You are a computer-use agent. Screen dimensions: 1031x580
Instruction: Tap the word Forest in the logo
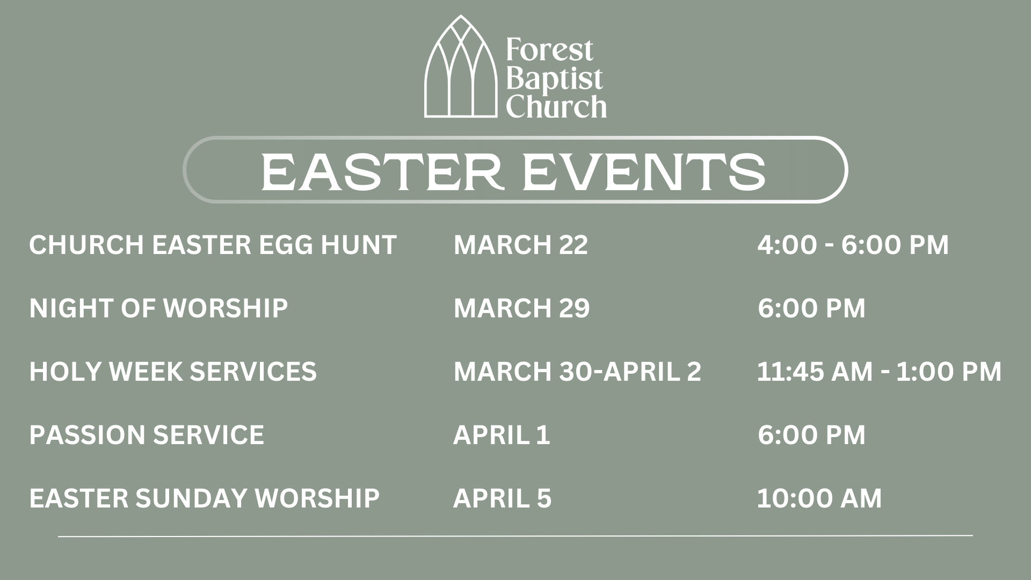tap(549, 50)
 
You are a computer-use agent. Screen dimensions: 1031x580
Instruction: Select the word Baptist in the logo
tap(554, 78)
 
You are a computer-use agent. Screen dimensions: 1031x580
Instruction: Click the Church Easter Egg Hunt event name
tap(213, 245)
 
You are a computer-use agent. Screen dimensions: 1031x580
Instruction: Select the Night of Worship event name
tap(158, 308)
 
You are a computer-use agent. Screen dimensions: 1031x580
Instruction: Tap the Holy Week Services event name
tap(173, 372)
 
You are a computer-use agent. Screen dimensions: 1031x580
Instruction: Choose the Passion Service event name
tap(147, 435)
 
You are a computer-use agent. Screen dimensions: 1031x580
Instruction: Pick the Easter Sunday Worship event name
tap(205, 498)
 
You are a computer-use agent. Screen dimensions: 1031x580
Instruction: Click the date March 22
tap(521, 245)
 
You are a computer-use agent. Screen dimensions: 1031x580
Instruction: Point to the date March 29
tap(522, 308)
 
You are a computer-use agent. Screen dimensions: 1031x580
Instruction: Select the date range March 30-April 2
tap(577, 372)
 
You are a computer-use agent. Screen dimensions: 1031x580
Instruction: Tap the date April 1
tap(502, 435)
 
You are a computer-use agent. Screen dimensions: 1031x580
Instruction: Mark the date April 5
tap(503, 498)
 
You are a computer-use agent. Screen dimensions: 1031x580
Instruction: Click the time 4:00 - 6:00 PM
tap(853, 245)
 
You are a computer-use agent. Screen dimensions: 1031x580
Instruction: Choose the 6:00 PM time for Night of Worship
tap(811, 308)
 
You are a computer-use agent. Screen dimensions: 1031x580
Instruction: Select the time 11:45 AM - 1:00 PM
tap(880, 372)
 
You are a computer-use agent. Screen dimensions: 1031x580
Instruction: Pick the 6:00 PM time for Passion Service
tap(811, 435)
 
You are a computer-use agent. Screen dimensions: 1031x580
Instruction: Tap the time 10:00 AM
tap(819, 498)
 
